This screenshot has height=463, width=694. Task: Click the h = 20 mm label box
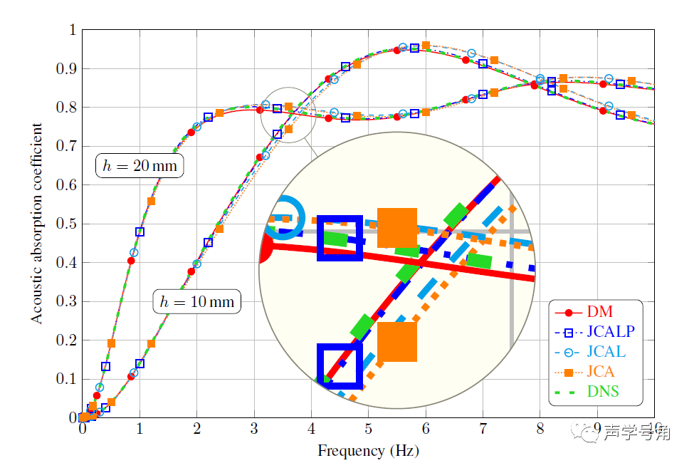(x=140, y=166)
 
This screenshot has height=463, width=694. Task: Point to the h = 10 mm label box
(x=197, y=301)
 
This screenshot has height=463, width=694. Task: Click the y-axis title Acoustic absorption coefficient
(x=37, y=223)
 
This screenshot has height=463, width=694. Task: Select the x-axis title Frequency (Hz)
(x=367, y=450)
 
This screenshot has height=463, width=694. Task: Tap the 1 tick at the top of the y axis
(x=72, y=30)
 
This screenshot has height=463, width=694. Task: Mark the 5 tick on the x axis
(x=368, y=430)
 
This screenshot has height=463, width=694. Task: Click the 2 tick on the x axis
(x=196, y=430)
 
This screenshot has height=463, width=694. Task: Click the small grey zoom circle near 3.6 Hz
(x=288, y=115)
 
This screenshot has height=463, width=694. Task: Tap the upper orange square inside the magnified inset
(x=396, y=228)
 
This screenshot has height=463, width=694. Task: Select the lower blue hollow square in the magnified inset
(x=340, y=366)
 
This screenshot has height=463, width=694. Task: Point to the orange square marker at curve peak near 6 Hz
(x=426, y=46)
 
